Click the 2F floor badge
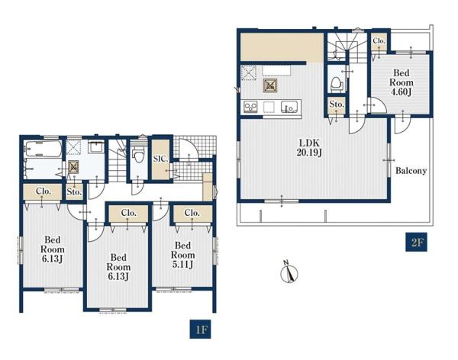(x=416, y=242)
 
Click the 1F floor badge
(x=200, y=329)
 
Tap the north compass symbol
(x=289, y=272)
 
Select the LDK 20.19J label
(x=309, y=148)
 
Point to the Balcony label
(x=411, y=171)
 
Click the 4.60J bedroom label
(x=402, y=82)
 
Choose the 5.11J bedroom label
(x=183, y=255)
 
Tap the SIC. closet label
(x=160, y=159)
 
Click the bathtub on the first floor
(x=44, y=149)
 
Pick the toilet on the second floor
(x=336, y=83)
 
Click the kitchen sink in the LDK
(x=289, y=107)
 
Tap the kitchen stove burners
(x=250, y=107)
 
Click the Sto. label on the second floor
(x=337, y=104)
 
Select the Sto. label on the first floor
(x=74, y=192)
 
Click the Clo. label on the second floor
(x=379, y=41)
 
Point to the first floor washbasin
(x=96, y=146)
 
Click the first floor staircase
(x=118, y=160)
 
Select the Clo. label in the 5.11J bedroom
(x=192, y=213)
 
